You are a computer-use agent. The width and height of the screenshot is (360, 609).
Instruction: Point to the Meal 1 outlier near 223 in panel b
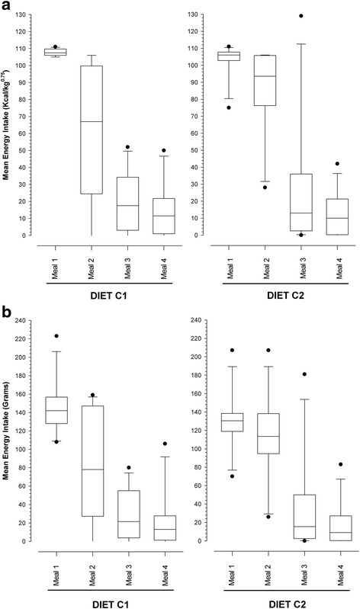tap(55, 336)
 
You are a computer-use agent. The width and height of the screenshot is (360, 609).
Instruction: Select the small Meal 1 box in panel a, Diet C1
tap(56, 52)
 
